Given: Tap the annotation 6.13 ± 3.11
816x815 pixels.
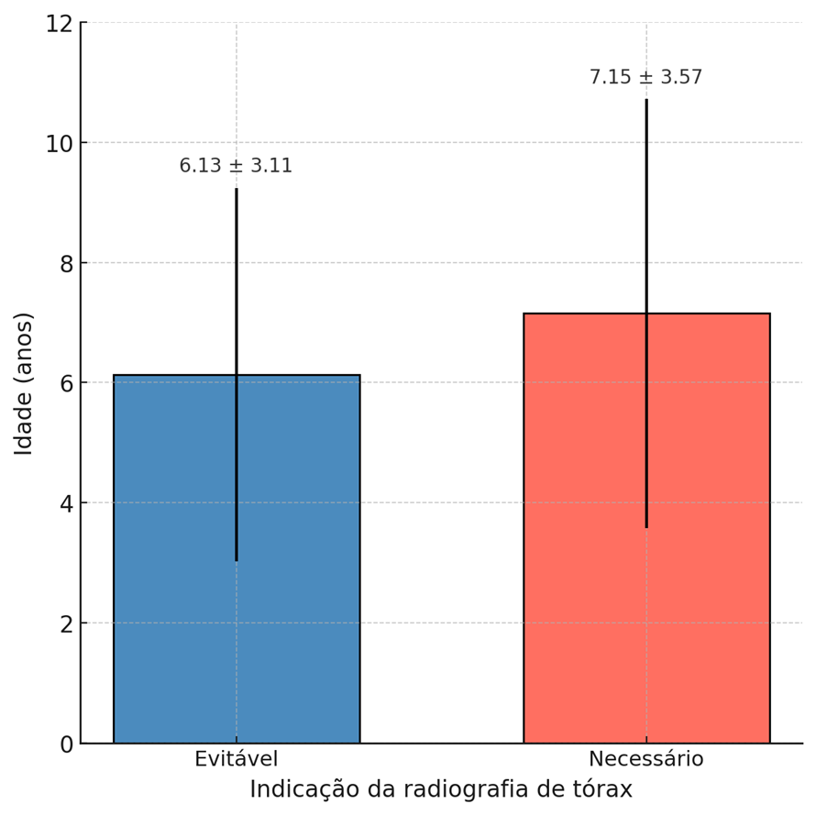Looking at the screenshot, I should [x=236, y=166].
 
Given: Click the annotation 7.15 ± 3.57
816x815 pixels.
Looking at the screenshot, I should [x=645, y=78].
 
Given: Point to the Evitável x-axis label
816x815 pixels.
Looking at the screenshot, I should [x=236, y=760].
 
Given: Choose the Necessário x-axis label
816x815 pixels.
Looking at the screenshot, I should [x=645, y=760].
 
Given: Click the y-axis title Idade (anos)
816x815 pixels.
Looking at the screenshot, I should [x=24, y=383].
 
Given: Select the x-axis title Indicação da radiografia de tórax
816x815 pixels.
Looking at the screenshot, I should [x=440, y=790].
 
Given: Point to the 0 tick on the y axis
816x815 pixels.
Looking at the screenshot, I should [x=66, y=744].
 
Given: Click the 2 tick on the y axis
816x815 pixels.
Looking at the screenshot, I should [x=66, y=624].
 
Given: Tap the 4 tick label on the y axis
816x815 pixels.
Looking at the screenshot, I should [x=66, y=504].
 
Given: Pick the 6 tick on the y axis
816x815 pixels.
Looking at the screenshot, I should [x=66, y=384].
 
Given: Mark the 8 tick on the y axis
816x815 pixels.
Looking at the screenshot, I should [x=66, y=264].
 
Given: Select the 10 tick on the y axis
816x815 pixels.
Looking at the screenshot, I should [x=60, y=144].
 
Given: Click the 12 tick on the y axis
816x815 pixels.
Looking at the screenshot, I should [x=60, y=24].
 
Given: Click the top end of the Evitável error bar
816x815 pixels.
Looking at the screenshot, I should [x=236, y=189].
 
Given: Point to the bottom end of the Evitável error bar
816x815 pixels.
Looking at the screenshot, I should [x=236, y=560].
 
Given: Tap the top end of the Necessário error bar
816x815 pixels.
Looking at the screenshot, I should [x=645, y=100].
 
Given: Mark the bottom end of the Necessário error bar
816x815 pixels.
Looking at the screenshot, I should [x=645, y=527].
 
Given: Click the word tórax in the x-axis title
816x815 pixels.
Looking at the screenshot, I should [x=603, y=790].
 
